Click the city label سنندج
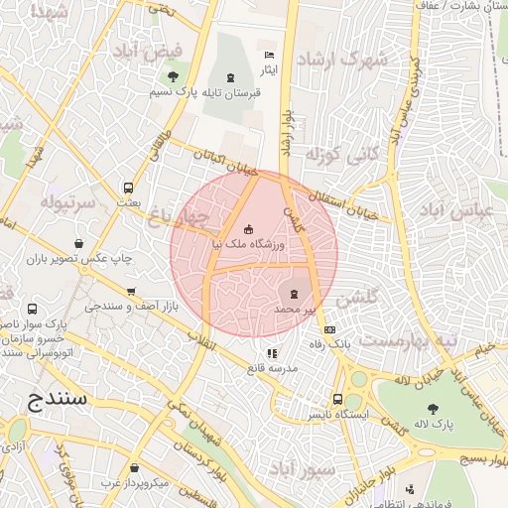tap(53, 399)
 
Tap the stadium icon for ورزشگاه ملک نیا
tap(248, 230)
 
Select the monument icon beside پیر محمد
tap(294, 293)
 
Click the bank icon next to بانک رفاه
tap(330, 330)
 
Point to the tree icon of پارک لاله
tap(432, 408)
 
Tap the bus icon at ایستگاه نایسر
tap(338, 400)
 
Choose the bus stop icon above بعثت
tap(128, 188)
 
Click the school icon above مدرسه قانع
tap(272, 352)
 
